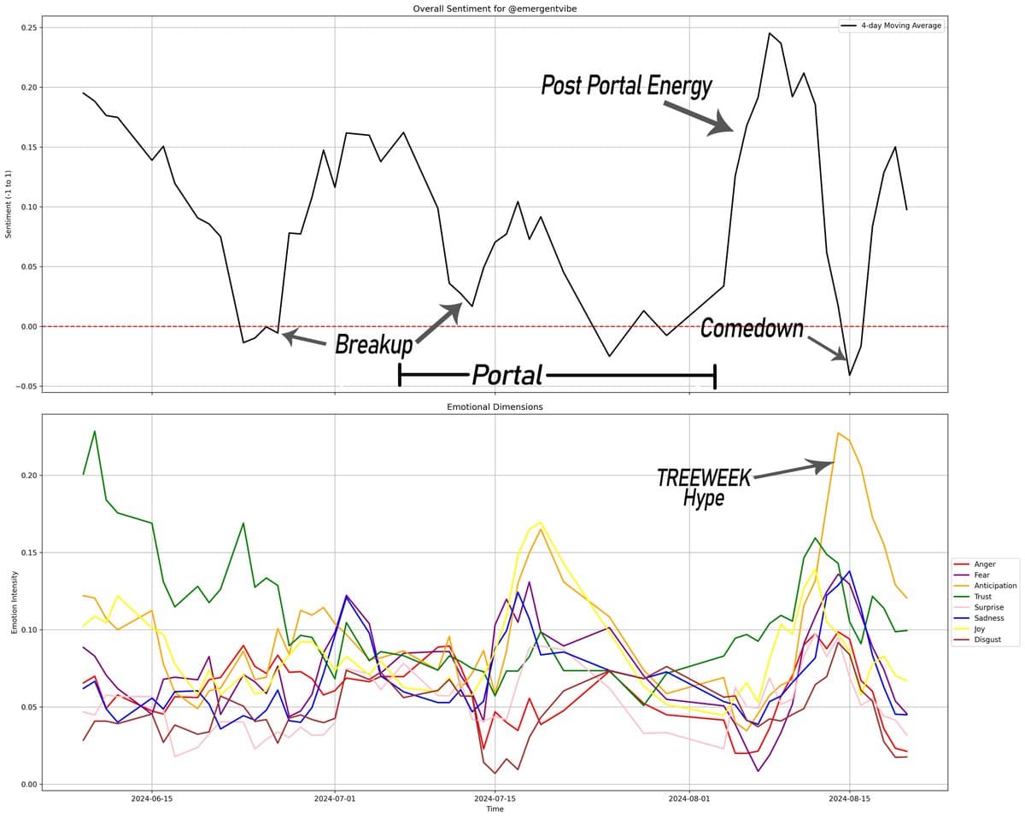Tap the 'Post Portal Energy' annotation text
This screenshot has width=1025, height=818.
click(626, 85)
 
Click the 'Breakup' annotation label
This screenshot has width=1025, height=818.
click(373, 345)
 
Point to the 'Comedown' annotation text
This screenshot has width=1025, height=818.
click(752, 328)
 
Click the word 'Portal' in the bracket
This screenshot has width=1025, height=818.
click(507, 375)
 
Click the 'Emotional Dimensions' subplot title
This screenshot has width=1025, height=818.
click(495, 407)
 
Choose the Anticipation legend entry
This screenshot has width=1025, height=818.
click(995, 586)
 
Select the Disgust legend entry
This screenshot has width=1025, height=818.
click(988, 640)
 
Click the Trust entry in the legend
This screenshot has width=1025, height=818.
click(984, 597)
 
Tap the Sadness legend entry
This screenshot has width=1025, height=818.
click(989, 618)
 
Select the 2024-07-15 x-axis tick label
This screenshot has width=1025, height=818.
click(495, 799)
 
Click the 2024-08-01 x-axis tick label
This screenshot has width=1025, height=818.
click(688, 799)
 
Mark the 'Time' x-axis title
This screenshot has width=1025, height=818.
click(495, 809)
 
